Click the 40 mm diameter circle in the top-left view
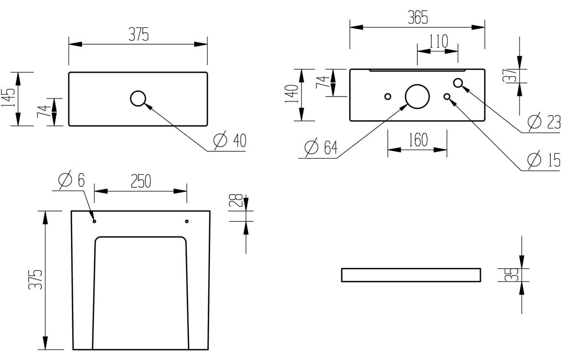coord(138,98)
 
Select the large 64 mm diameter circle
coord(417,96)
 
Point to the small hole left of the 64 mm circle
coord(387,96)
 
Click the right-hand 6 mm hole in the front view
coord(187,221)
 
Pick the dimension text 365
coord(417,18)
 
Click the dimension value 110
coord(438,41)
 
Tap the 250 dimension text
coord(140,181)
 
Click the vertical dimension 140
coord(291,95)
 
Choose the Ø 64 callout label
coord(320,147)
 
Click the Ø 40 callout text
coord(230,141)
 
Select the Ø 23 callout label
coord(544,122)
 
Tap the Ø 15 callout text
coord(544,159)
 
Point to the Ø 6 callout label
coord(71,180)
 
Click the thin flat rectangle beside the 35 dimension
coord(411,275)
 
